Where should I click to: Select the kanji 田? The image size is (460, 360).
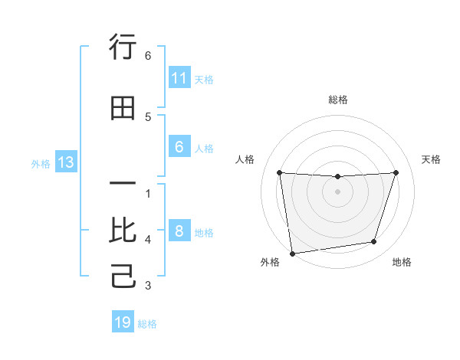[123, 108]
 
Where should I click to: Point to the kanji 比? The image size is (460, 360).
[123, 231]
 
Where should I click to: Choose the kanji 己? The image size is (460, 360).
[123, 277]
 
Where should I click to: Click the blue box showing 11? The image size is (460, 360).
[179, 78]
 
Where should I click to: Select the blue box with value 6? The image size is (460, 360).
[179, 147]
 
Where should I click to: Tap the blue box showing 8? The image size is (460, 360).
[179, 231]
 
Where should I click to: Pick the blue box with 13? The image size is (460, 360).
[65, 162]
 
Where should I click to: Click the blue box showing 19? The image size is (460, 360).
[123, 322]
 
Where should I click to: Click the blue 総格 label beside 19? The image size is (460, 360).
[147, 324]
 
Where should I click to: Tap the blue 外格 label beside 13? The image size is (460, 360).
[41, 164]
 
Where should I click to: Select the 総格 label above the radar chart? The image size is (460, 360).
[337, 100]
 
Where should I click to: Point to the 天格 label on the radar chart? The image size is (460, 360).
[431, 159]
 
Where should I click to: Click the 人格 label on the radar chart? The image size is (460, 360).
[245, 159]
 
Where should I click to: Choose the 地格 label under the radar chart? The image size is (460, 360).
[402, 262]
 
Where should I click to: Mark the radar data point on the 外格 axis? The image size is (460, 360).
[292, 253]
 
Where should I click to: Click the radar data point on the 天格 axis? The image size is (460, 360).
[396, 172]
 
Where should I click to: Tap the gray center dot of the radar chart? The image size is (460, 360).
[337, 191]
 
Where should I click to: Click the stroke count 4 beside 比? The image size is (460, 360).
[148, 240]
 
